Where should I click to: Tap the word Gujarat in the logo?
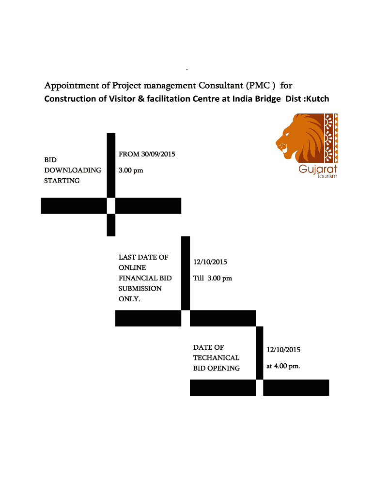point(318,169)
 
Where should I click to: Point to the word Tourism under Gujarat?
point(327,176)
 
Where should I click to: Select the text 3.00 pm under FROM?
point(131,170)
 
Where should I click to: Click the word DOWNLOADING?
point(73,170)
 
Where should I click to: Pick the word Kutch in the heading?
point(315,99)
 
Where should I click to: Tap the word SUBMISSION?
point(140,288)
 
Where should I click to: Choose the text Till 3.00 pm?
point(213,278)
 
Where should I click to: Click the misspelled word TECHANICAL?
point(216,357)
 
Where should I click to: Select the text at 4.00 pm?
point(283,366)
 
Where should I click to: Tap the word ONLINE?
point(132,267)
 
